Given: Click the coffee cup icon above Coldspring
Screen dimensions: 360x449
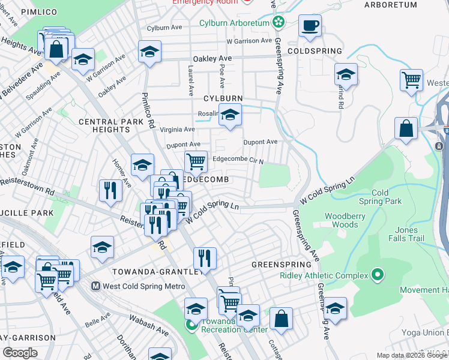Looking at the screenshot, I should click(310, 26).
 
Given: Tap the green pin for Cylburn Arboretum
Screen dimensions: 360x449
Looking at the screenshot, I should click(278, 23).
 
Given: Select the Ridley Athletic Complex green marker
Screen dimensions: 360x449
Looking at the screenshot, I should click(377, 275).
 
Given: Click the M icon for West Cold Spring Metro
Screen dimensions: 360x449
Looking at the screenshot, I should click(95, 286).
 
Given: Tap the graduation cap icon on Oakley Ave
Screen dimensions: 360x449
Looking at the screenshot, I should click(149, 52).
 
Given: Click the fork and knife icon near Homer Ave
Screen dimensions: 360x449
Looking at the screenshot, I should click(110, 190).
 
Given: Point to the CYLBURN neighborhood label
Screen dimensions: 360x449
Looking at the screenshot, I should click(223, 98).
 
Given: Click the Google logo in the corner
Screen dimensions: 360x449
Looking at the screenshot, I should click(20, 352).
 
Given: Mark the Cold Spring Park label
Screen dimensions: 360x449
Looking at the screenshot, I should click(386, 197).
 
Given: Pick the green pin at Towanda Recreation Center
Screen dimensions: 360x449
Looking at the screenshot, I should click(191, 326).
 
